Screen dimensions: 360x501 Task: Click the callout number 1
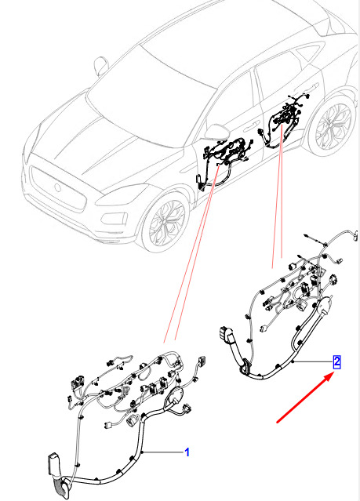tap(187, 452)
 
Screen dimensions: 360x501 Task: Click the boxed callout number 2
tap(336, 362)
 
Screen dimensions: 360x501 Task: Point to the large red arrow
tap(304, 398)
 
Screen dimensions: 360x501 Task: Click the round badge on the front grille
tap(57, 187)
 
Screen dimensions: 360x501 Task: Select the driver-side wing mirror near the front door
tap(216, 133)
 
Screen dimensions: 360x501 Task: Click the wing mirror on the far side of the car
tap(101, 66)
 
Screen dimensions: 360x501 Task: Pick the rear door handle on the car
tap(311, 86)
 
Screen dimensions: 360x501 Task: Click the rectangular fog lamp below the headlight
tap(114, 219)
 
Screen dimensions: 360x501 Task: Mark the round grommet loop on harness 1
tap(174, 397)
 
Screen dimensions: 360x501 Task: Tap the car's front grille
tap(58, 188)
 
